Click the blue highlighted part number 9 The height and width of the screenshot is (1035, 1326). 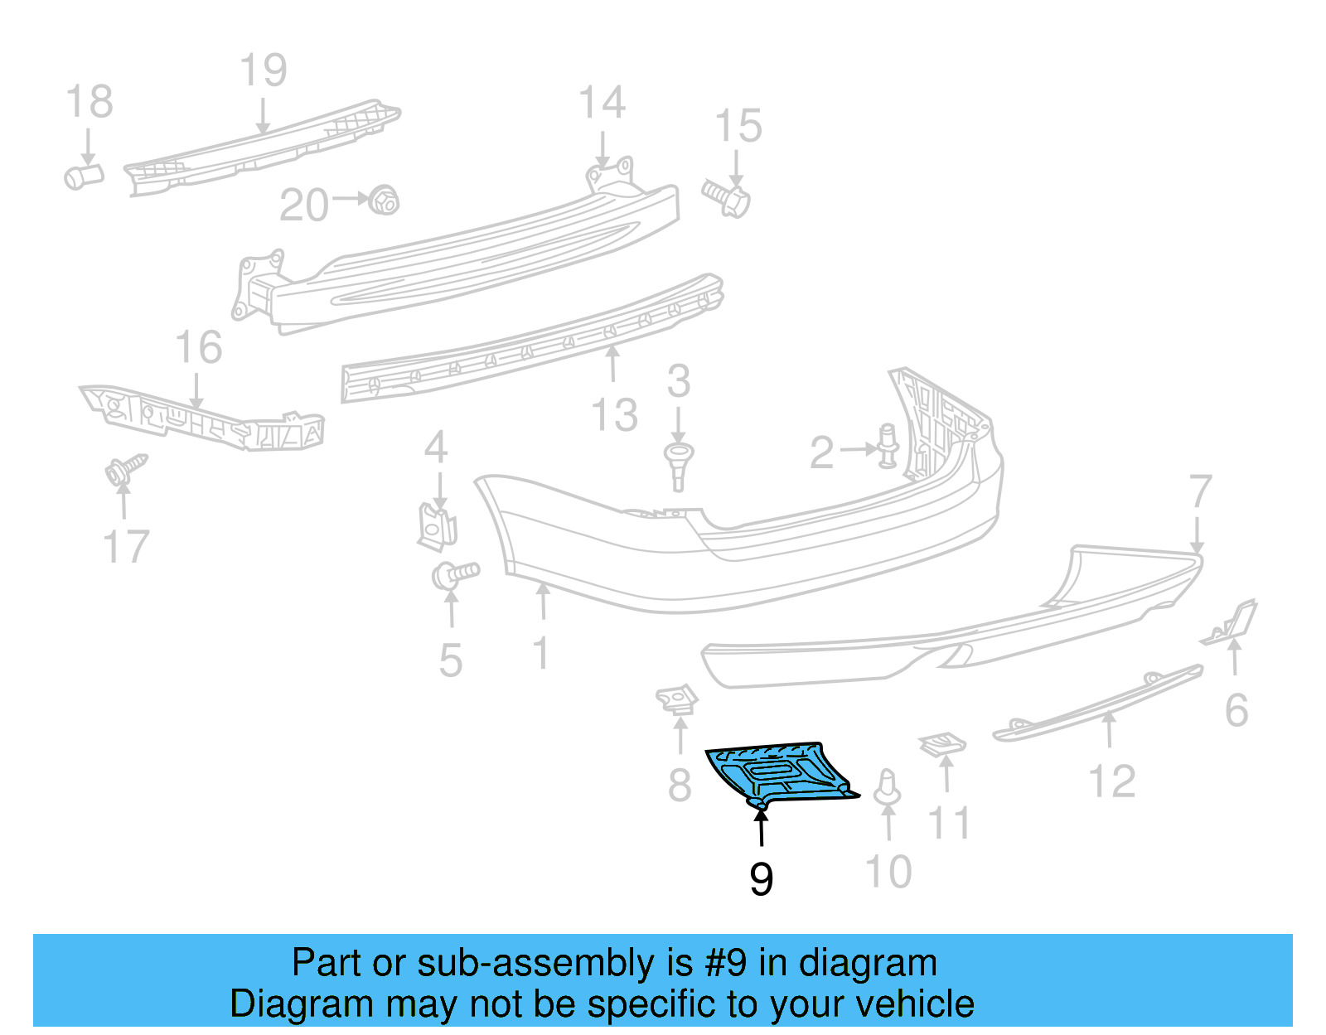tap(779, 774)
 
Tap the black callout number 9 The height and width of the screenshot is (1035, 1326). tap(761, 878)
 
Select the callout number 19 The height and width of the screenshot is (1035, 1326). tap(264, 70)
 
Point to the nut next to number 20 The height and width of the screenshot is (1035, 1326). tap(383, 200)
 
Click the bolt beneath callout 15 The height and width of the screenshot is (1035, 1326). tap(728, 198)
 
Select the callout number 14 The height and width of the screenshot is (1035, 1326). tap(602, 104)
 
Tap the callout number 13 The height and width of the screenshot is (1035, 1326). tap(614, 414)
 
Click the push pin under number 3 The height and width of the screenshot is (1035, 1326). tap(678, 465)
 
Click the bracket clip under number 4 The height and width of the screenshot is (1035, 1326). tap(437, 527)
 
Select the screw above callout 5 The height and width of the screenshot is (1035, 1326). tap(455, 573)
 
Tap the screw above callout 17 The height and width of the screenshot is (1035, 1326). tap(123, 471)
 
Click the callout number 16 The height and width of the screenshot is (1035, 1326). tap(199, 347)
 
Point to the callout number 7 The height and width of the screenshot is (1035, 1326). tap(1200, 491)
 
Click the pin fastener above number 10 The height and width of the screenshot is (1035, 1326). tap(888, 787)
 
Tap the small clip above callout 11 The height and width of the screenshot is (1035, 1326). tap(943, 743)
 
